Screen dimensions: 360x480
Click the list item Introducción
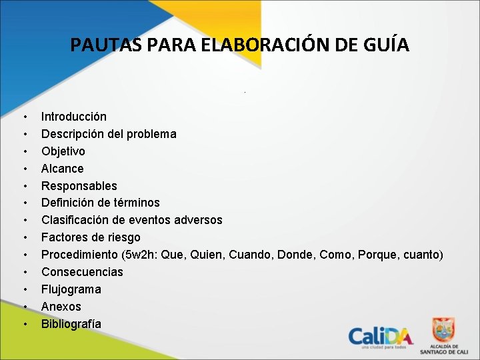coord(73,117)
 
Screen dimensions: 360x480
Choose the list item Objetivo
coord(63,151)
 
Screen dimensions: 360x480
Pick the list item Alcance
coord(63,169)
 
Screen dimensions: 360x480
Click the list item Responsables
coord(79,186)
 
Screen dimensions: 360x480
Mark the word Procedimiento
coord(79,255)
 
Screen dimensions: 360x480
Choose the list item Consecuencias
coord(82,272)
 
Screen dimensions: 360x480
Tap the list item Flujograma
coord(71,289)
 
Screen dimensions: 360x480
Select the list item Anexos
coord(61,307)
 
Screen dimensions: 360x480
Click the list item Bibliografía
coord(71,324)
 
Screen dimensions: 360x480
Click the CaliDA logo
coord(381,337)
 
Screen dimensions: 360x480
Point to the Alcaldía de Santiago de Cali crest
coord(443,330)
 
